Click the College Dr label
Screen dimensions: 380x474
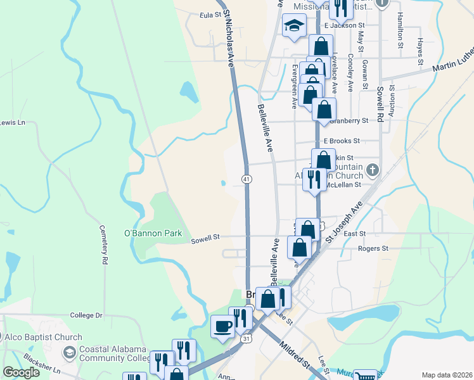(86, 315)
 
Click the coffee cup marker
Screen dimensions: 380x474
(222, 327)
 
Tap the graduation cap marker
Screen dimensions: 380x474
(293, 27)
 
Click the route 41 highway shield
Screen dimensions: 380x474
(245, 180)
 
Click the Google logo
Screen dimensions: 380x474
(21, 372)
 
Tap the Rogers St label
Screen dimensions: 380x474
(373, 248)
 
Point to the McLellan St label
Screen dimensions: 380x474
(343, 185)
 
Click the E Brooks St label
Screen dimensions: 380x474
(342, 141)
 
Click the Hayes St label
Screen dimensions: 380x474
(420, 52)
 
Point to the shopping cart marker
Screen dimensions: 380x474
(365, 376)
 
